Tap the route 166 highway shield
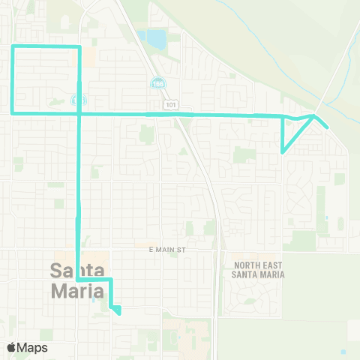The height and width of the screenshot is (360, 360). (x=157, y=82)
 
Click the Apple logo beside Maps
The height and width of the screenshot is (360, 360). (x=12, y=347)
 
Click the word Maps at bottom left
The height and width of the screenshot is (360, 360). (x=32, y=347)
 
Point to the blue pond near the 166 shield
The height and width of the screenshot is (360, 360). (x=156, y=37)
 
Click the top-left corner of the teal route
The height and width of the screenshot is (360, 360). (x=13, y=47)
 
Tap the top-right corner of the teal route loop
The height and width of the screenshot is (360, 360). (x=79, y=47)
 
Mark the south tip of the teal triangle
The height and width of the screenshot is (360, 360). (x=282, y=152)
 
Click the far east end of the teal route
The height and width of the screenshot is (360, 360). (x=328, y=127)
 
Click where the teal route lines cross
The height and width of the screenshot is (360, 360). (x=79, y=113)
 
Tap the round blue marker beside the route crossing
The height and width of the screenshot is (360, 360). (x=74, y=100)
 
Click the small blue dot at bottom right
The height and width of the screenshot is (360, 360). (x=343, y=352)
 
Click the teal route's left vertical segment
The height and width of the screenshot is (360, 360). (x=13, y=79)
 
